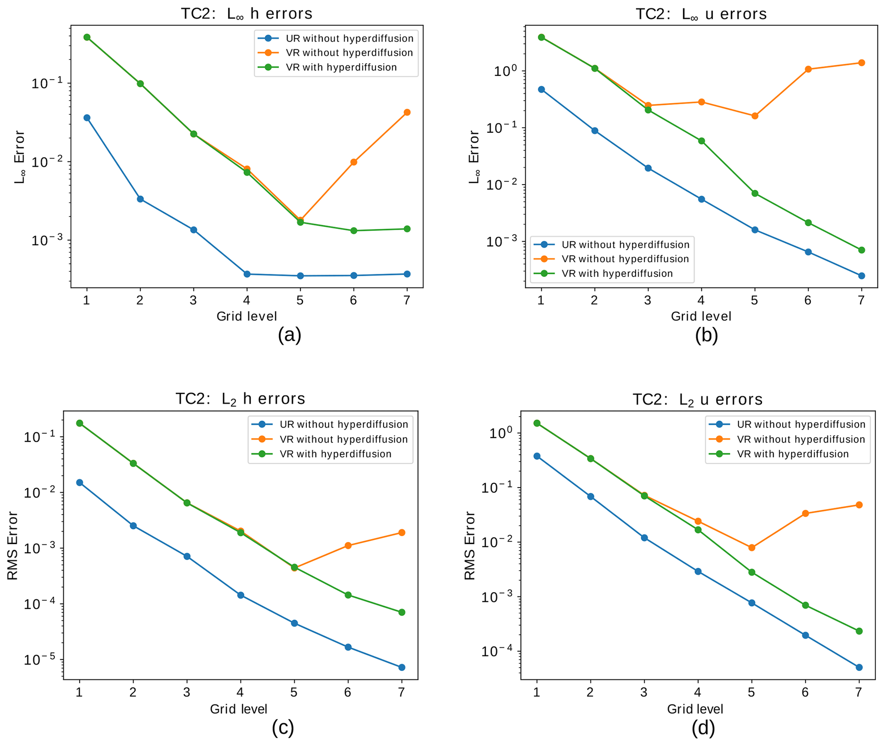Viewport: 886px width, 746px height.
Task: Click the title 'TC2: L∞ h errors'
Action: pyautogui.click(x=246, y=14)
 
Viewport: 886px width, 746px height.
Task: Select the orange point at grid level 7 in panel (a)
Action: pyautogui.click(x=407, y=112)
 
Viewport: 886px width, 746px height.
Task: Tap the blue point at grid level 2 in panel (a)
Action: pyautogui.click(x=140, y=199)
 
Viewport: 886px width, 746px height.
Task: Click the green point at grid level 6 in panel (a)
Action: pyautogui.click(x=354, y=231)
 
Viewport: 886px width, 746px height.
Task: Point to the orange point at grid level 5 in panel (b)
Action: pyautogui.click(x=754, y=116)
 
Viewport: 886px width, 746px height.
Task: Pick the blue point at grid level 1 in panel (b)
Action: pyautogui.click(x=541, y=90)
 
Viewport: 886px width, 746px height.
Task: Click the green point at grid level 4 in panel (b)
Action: pyautogui.click(x=701, y=141)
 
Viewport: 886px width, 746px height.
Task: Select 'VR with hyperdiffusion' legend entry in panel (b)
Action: pyautogui.click(x=617, y=273)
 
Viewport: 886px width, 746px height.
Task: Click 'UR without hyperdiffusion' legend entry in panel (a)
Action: pyautogui.click(x=349, y=39)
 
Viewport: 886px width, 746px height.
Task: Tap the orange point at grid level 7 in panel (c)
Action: pyautogui.click(x=402, y=533)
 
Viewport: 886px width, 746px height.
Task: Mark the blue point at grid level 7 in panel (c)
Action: pyautogui.click(x=402, y=668)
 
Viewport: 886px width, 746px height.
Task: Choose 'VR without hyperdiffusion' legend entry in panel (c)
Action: pyautogui.click(x=343, y=439)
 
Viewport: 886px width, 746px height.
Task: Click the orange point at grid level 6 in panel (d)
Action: pyautogui.click(x=805, y=513)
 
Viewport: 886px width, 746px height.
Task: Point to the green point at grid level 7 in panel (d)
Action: pyautogui.click(x=859, y=631)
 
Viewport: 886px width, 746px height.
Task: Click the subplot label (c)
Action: pyautogui.click(x=283, y=728)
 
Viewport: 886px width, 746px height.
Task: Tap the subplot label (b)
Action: pyautogui.click(x=706, y=335)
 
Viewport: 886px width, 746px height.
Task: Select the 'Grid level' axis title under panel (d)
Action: pyautogui.click(x=695, y=709)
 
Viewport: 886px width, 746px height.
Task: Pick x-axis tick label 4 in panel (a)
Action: pyautogui.click(x=246, y=300)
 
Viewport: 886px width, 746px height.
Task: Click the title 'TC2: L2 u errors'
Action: pyautogui.click(x=697, y=399)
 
